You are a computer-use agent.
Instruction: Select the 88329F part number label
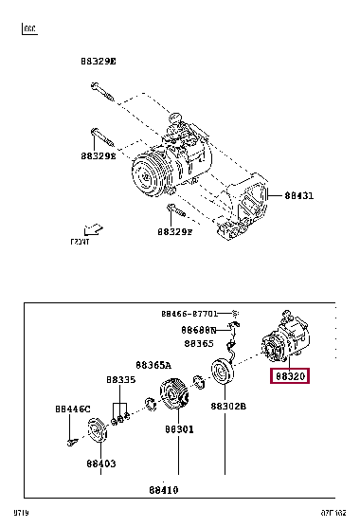point(175,231)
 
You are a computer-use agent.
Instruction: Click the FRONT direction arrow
point(91,230)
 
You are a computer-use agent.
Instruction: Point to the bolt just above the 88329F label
point(171,210)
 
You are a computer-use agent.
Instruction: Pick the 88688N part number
point(200,329)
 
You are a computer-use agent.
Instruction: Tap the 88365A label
point(153,364)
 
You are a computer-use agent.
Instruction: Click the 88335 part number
point(120,379)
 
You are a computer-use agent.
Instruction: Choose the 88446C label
point(72,409)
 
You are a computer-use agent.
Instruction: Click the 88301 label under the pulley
point(178,429)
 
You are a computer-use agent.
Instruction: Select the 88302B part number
point(228,406)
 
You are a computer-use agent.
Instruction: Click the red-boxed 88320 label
point(290,376)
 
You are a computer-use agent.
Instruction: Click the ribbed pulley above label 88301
point(175,395)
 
